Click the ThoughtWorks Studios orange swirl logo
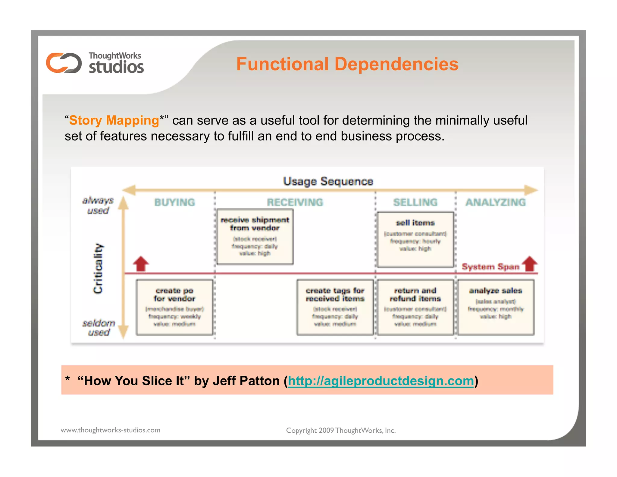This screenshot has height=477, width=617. [x=64, y=63]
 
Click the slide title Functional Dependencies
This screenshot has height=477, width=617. [x=347, y=64]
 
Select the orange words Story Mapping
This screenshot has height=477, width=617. [x=114, y=120]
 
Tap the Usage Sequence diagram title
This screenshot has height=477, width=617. [x=328, y=181]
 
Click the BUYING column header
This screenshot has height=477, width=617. [x=174, y=202]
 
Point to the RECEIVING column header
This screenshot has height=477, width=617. [x=295, y=202]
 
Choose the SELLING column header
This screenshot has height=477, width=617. [x=415, y=202]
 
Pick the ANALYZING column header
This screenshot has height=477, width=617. [x=496, y=202]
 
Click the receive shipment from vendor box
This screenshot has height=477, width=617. [x=255, y=237]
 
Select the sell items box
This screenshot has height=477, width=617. [x=415, y=239]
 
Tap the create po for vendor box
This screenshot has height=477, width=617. [x=174, y=307]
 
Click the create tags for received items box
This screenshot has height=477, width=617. [x=335, y=307]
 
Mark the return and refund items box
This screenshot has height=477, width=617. [x=415, y=307]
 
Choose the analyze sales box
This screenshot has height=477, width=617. [x=496, y=307]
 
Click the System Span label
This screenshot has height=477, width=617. [x=490, y=267]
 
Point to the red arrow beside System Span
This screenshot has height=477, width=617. [x=530, y=264]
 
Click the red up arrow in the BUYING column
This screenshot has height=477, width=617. [x=141, y=264]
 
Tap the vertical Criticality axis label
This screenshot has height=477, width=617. [x=98, y=268]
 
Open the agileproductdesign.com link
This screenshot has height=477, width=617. [x=381, y=381]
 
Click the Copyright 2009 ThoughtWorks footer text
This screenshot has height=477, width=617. [x=340, y=430]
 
